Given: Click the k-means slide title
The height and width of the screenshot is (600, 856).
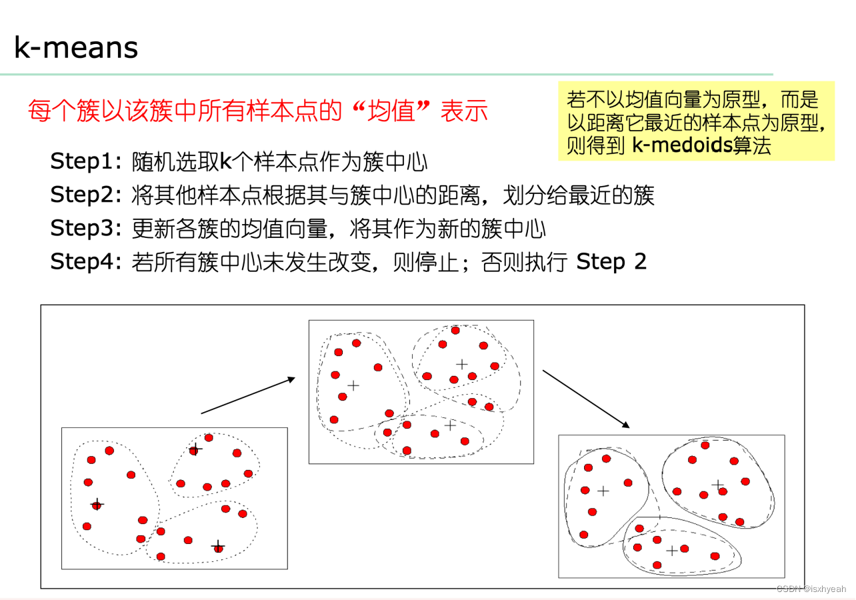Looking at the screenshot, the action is [76, 48].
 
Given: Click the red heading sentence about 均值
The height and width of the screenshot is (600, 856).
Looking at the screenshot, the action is [258, 111].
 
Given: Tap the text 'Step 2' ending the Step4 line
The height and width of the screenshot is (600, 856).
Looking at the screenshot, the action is [611, 261].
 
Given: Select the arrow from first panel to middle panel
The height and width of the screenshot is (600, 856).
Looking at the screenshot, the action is [248, 395].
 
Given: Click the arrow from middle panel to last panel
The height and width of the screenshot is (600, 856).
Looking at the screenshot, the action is [586, 399].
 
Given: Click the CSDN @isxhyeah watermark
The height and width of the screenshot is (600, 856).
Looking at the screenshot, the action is [811, 589].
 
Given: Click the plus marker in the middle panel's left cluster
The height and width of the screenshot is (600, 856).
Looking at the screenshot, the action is [353, 385].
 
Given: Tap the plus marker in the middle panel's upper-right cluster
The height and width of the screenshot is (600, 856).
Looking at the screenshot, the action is [461, 364].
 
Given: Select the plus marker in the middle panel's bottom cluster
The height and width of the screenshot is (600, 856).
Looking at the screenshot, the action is [450, 425].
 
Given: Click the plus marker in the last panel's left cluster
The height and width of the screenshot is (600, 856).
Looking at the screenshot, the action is [603, 491].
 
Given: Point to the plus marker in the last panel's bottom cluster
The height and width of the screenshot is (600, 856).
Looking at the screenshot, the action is [672, 551].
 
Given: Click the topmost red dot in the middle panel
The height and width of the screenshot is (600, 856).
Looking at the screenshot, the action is [455, 330].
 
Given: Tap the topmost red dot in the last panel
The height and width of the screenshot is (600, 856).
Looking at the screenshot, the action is [705, 445].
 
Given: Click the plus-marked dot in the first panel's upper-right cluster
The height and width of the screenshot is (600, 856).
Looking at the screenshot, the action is [194, 450].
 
